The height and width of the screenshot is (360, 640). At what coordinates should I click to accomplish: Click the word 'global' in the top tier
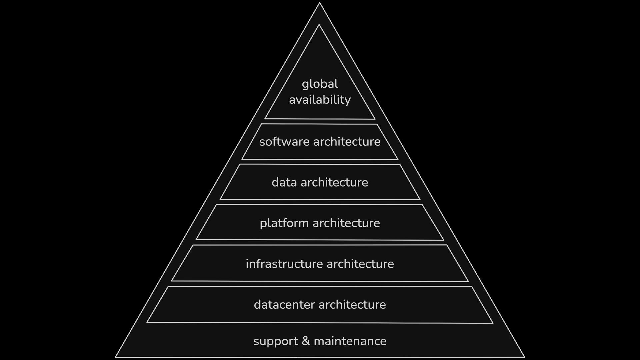(320, 84)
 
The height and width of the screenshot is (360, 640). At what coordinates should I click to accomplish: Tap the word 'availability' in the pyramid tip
(320, 100)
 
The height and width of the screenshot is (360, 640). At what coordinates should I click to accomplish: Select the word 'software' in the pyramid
(284, 142)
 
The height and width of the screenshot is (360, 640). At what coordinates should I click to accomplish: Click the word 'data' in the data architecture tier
(284, 182)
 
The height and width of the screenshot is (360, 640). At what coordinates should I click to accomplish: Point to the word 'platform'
(284, 223)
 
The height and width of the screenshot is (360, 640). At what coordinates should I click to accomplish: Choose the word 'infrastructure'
(284, 264)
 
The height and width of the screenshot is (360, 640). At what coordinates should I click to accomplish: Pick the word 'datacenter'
(285, 305)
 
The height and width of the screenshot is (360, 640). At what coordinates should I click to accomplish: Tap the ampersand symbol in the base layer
(306, 341)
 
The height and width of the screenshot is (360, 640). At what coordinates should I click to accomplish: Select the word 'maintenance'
(350, 341)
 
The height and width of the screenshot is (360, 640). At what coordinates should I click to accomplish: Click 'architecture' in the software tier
(347, 142)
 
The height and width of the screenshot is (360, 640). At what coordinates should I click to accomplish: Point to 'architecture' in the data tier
(334, 182)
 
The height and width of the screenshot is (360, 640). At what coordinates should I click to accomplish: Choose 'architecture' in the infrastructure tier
(360, 264)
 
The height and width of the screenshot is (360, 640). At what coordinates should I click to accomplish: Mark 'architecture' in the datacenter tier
(352, 305)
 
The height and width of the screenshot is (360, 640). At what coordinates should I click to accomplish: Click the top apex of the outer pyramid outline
(319, 3)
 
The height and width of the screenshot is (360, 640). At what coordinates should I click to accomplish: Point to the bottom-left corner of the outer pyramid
(116, 357)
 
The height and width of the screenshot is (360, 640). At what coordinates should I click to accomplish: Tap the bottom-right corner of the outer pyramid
(524, 357)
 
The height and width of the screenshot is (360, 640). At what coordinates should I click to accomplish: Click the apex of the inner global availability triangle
(319, 25)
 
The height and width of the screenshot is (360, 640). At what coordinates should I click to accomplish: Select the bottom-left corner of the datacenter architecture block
(147, 322)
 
